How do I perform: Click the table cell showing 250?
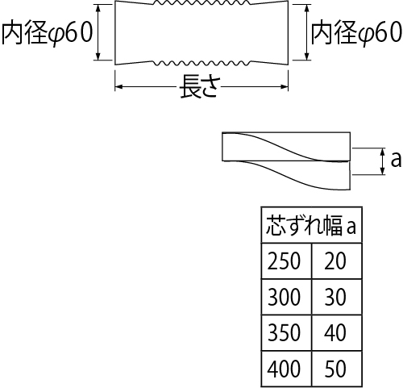coord(286,261)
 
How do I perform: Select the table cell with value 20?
coord(337,261)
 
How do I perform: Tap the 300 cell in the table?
coord(286,297)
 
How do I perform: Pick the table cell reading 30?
coord(337,297)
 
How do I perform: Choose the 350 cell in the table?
coord(286,333)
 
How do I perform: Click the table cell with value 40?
coord(337,333)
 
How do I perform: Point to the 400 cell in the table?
coord(286,369)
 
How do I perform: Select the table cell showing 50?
coord(337,369)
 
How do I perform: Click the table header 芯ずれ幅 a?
coord(311,225)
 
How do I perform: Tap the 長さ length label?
coord(201,86)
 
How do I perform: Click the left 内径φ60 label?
coord(48,32)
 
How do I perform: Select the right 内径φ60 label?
coord(356,32)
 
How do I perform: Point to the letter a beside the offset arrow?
coord(396,159)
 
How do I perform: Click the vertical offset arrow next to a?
coord(383,161)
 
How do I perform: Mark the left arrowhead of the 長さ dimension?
coord(118,86)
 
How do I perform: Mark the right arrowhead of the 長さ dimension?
coord(285,86)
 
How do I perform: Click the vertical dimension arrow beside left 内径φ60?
coord(98,32)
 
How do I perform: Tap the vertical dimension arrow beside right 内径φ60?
coord(307,32)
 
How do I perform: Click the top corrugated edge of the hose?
coord(201,2)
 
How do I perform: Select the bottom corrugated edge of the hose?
coord(201,63)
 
